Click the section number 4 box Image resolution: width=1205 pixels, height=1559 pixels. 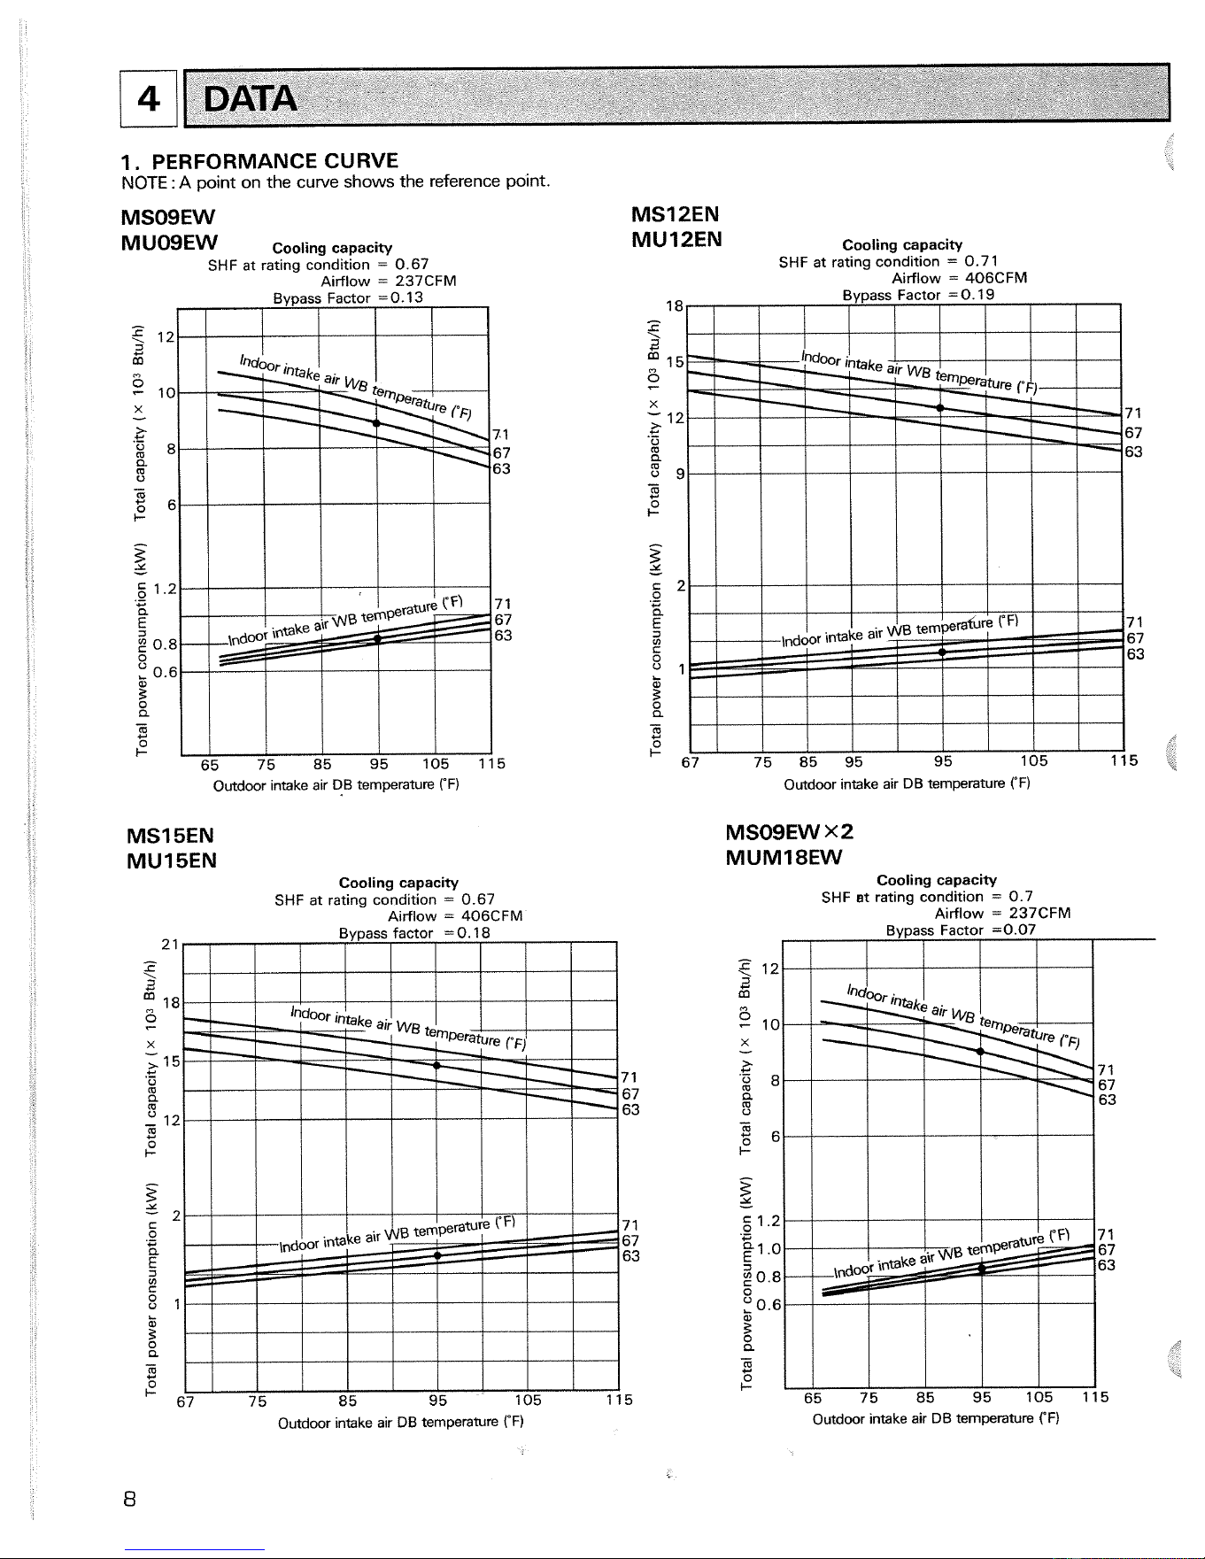point(149,97)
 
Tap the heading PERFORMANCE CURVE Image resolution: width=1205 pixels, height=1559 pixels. point(274,161)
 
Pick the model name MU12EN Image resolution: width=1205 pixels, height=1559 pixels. point(676,239)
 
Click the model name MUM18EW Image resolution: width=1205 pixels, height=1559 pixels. point(784,857)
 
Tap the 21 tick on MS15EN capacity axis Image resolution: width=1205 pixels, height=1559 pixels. point(171,945)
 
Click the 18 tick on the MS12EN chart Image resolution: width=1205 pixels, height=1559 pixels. point(674,305)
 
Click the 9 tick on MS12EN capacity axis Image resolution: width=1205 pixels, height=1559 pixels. point(680,474)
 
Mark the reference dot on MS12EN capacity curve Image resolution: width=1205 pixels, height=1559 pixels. point(940,407)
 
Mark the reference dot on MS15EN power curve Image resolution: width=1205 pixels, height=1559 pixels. point(437,1255)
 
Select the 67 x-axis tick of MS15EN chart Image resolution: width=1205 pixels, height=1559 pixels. point(185,1401)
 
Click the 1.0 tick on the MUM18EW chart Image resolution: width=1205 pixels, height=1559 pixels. point(769,1248)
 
